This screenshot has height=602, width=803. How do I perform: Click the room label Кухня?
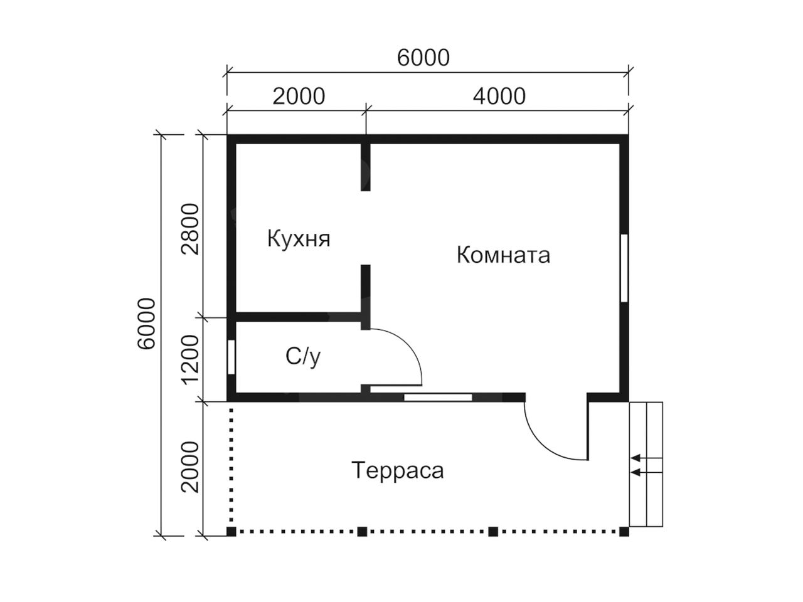(299, 239)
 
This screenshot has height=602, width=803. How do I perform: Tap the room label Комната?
(503, 255)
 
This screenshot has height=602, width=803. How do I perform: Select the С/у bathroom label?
(303, 357)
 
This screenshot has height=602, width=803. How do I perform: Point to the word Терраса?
(398, 471)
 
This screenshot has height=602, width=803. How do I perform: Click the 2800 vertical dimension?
(191, 229)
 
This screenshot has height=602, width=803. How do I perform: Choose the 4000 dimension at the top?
(499, 97)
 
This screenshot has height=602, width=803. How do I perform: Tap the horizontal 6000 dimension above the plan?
(423, 58)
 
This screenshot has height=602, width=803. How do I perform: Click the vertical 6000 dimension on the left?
(147, 324)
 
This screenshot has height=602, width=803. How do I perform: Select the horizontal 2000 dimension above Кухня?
(299, 97)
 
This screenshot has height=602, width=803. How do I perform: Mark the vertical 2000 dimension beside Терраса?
(191, 467)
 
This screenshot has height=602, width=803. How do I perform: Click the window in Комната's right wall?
(624, 268)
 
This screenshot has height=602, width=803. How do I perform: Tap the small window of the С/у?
(231, 357)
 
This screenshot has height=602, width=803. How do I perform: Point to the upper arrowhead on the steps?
(636, 458)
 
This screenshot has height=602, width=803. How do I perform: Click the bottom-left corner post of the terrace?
(231, 532)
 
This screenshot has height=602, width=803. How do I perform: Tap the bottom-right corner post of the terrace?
(624, 532)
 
